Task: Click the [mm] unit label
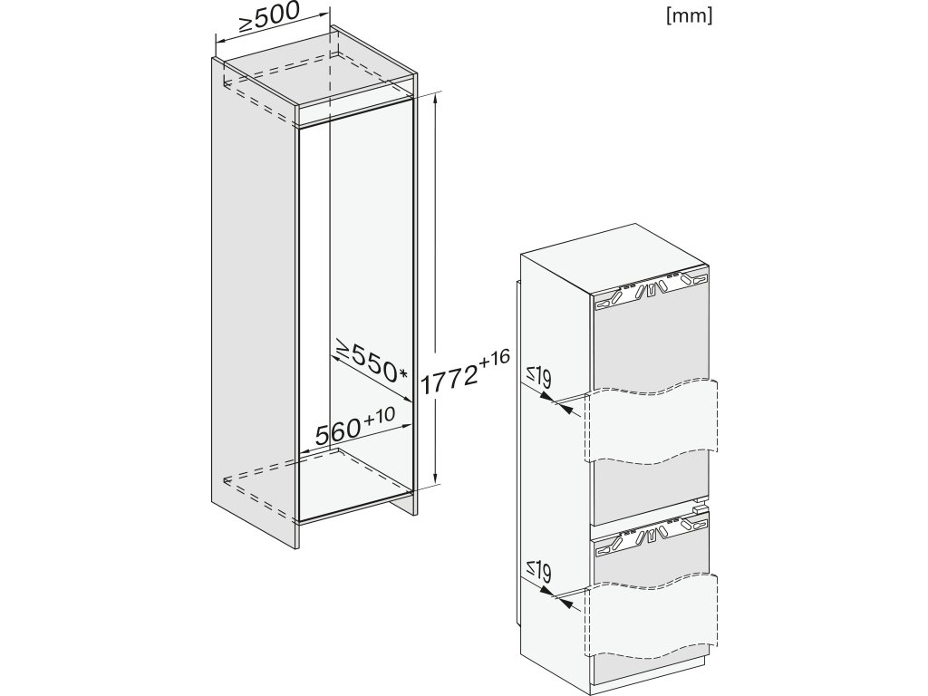[x=689, y=16]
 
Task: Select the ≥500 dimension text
[x=269, y=19]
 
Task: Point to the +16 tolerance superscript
[x=495, y=358]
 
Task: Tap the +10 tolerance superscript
[x=380, y=416]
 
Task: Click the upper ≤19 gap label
[x=540, y=378]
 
